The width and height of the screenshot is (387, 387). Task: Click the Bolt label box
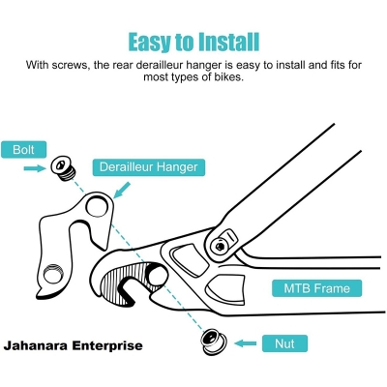(24, 150)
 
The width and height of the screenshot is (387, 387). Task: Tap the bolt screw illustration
(64, 169)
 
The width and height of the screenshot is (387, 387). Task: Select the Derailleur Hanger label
(149, 167)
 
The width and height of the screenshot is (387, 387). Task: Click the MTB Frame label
(316, 288)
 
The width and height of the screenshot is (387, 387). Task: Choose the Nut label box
(284, 343)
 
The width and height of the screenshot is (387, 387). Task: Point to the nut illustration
(213, 342)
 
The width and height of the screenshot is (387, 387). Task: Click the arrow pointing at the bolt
(35, 168)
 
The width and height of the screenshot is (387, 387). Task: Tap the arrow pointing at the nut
(246, 343)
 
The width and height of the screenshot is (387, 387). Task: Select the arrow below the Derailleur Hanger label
(122, 190)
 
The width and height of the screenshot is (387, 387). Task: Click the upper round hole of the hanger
(98, 206)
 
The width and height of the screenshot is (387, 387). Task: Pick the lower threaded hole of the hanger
(53, 274)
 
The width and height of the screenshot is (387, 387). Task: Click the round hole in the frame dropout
(157, 275)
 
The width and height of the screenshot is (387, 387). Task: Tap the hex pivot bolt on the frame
(220, 247)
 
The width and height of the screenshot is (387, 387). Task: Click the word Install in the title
(228, 42)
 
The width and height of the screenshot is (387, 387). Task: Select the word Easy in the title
(149, 43)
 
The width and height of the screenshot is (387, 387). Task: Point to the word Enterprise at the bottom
(107, 346)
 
